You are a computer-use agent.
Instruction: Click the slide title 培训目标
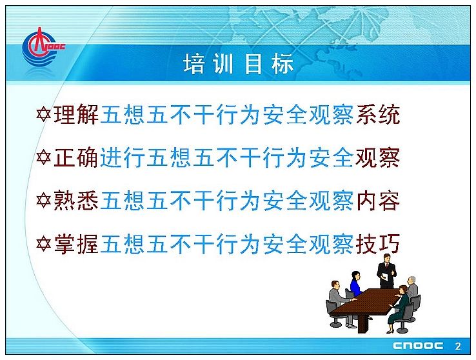click(238, 64)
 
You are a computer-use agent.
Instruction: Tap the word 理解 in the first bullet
click(76, 114)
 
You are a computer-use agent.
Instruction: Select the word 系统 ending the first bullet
click(378, 114)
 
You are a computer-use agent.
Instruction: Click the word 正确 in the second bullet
click(76, 157)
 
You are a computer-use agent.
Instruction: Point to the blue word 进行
click(123, 157)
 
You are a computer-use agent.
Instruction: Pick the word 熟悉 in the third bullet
click(76, 201)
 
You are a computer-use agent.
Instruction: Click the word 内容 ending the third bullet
click(378, 201)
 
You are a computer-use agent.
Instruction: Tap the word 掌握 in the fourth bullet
click(76, 244)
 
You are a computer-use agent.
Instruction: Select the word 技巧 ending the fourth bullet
click(378, 244)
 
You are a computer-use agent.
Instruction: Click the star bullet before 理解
click(43, 115)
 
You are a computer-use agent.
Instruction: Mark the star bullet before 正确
click(43, 157)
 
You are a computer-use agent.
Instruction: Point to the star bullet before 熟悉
click(43, 201)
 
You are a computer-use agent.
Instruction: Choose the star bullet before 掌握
click(43, 244)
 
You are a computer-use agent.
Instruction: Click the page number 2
click(458, 346)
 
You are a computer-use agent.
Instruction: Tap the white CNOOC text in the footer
click(418, 346)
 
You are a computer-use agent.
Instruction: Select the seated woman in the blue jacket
click(356, 284)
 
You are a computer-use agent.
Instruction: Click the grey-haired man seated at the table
click(412, 287)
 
